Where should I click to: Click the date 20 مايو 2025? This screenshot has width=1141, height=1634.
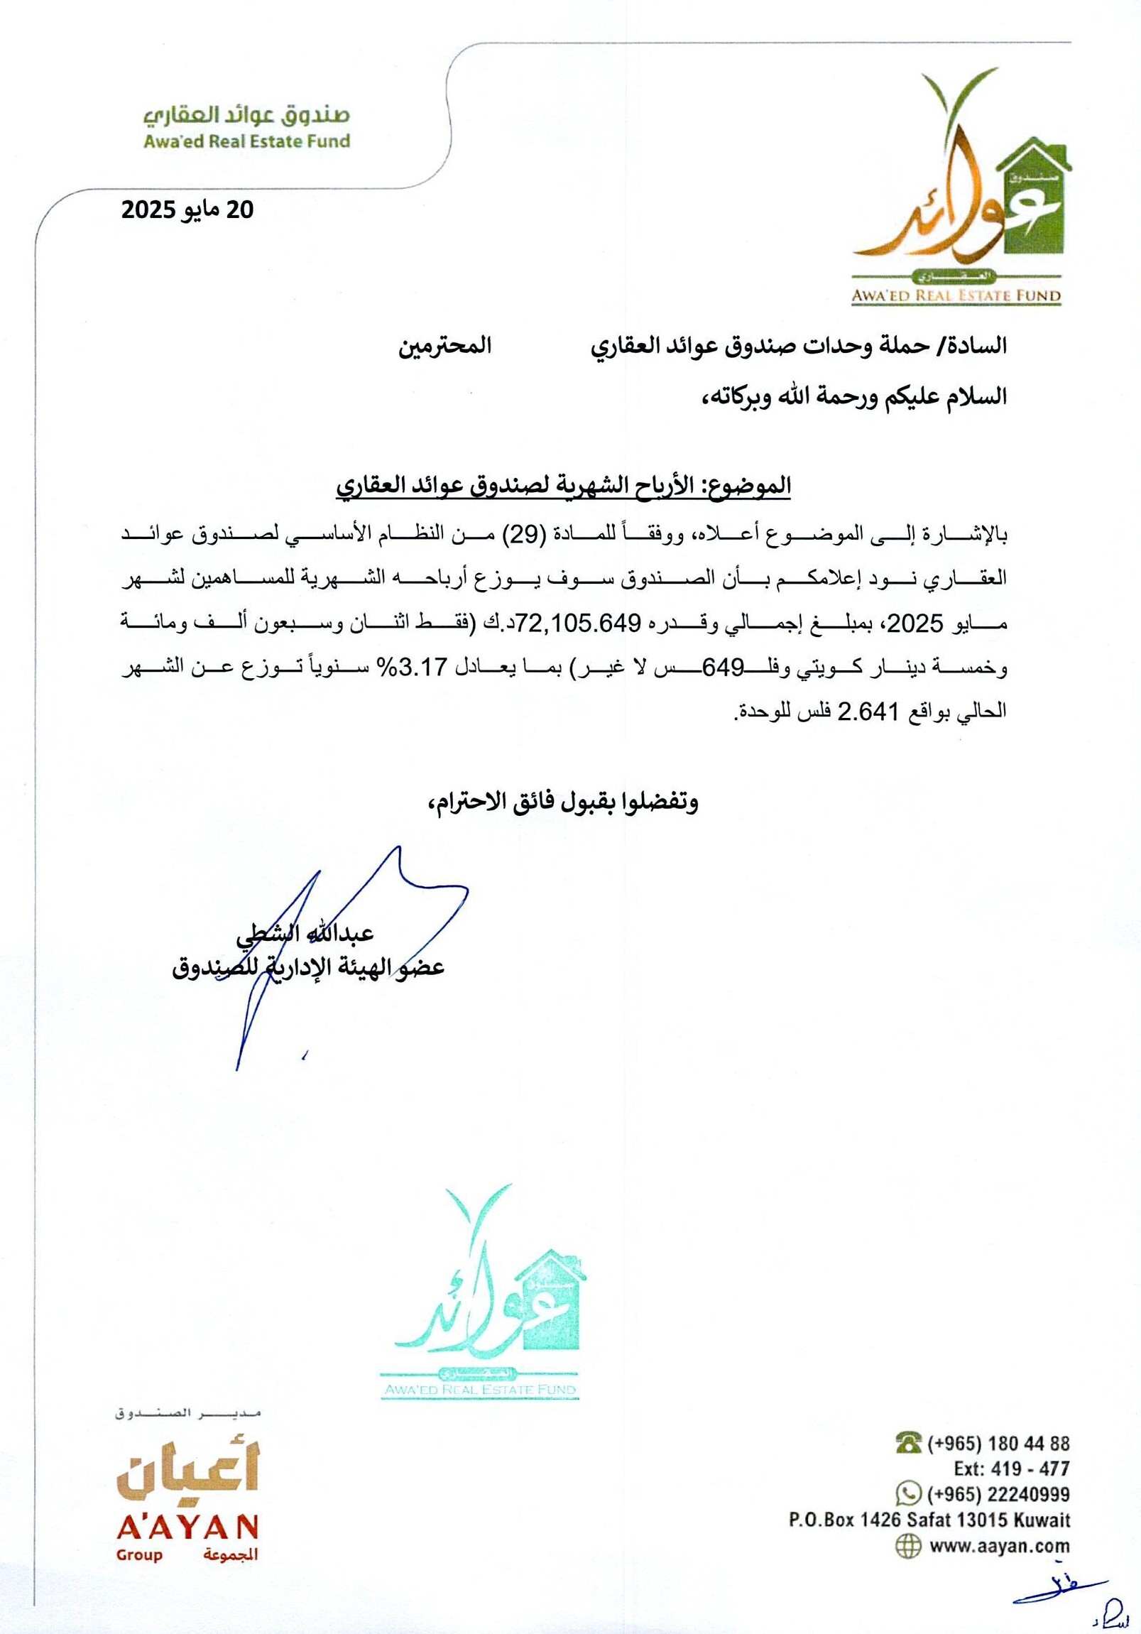click(x=187, y=210)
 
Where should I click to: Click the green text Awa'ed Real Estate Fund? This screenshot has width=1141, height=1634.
click(x=247, y=141)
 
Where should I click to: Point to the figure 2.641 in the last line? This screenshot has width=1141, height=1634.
click(x=863, y=711)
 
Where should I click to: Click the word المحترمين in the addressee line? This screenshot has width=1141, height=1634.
click(x=444, y=347)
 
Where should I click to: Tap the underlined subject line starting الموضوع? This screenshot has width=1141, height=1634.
click(x=564, y=486)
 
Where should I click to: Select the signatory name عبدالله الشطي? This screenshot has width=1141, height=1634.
click(x=305, y=933)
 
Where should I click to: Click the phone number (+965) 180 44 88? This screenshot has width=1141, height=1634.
click(x=998, y=1443)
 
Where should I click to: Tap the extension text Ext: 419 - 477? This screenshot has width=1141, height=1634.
click(x=1012, y=1468)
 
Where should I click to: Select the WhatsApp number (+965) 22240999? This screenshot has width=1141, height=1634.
click(x=998, y=1494)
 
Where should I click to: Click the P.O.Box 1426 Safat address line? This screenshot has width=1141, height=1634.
click(x=929, y=1520)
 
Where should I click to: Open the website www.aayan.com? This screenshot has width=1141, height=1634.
click(x=999, y=1546)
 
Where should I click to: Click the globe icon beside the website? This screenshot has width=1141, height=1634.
click(x=908, y=1547)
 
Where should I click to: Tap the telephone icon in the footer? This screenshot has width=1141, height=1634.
click(x=909, y=1443)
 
